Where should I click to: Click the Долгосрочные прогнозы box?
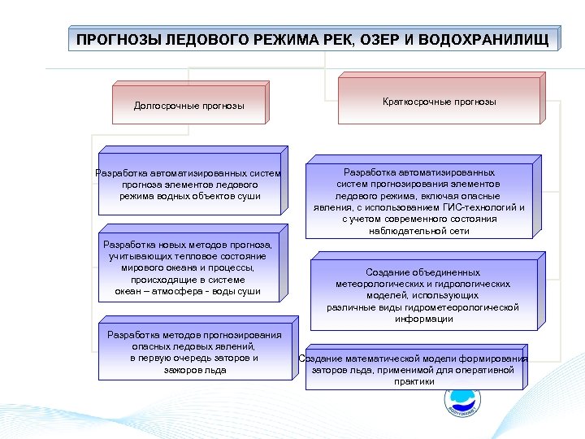[x=188, y=106]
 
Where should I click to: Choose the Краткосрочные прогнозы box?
[x=439, y=102]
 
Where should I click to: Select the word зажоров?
[x=184, y=370]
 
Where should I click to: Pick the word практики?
[x=414, y=381]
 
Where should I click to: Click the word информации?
[x=423, y=319]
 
